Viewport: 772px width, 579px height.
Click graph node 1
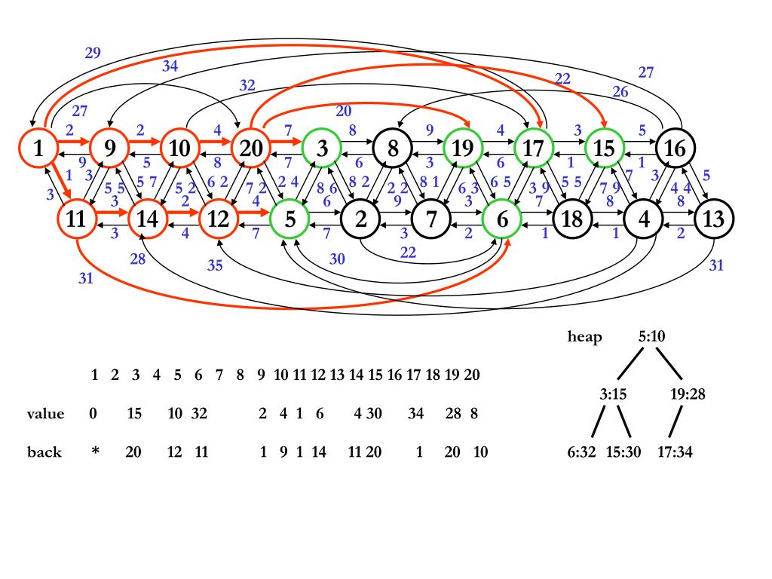[x=38, y=148]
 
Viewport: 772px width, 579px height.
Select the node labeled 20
[x=251, y=148]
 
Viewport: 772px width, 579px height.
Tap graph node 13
[x=715, y=219]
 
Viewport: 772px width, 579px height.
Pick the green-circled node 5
[x=290, y=219]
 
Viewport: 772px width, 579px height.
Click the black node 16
[x=675, y=148]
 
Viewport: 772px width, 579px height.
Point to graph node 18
[x=573, y=219]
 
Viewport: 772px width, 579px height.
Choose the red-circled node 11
[x=77, y=219]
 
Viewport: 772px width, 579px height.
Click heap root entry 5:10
[x=651, y=336]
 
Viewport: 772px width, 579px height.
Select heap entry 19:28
[x=688, y=394]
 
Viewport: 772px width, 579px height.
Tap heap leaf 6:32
[x=581, y=452]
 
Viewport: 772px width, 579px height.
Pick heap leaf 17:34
[x=675, y=452]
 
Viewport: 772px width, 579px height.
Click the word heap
[x=584, y=337]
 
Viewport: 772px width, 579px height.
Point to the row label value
[x=45, y=413]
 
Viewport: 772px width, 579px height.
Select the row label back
[x=44, y=452]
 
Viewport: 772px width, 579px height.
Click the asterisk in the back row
[x=96, y=450]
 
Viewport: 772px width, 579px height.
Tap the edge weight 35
[x=215, y=265]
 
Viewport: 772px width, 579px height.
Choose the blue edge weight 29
[x=93, y=53]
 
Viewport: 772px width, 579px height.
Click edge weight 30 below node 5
[x=337, y=259]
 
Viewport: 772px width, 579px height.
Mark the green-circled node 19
[x=464, y=148]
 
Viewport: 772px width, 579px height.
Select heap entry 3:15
[x=613, y=394]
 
